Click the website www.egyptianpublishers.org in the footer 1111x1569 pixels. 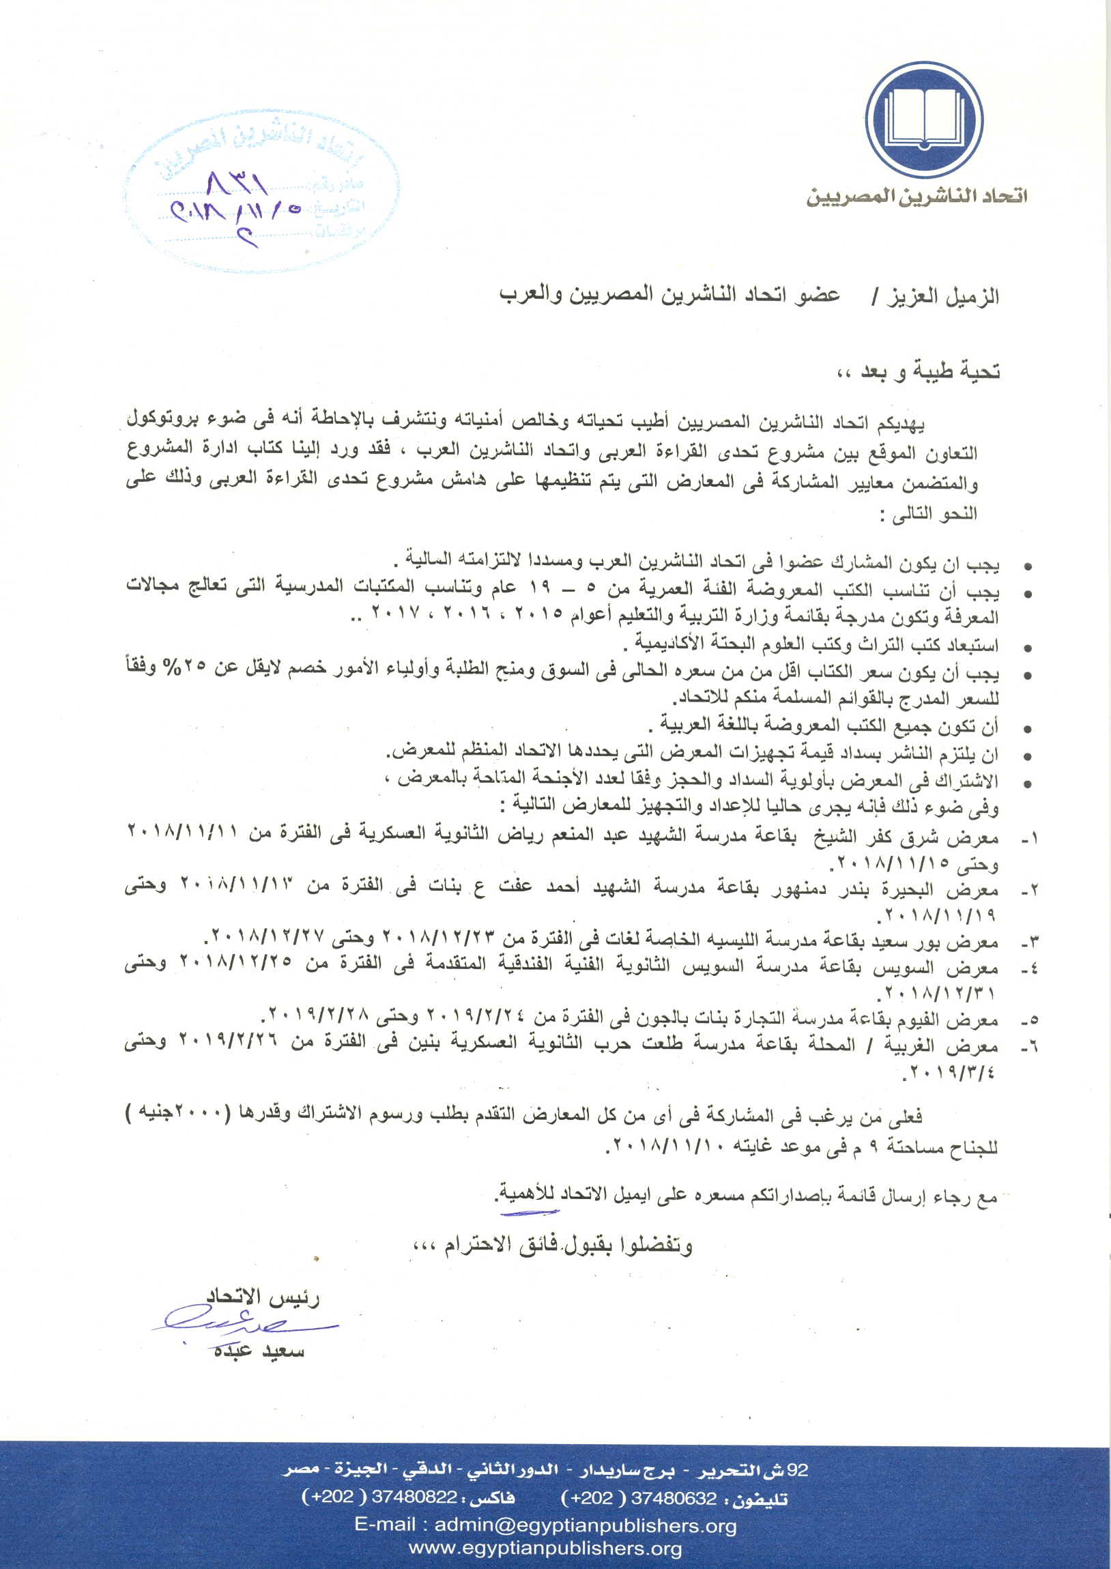(x=545, y=1549)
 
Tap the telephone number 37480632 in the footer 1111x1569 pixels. (x=673, y=1499)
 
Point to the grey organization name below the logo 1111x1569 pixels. (x=916, y=197)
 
